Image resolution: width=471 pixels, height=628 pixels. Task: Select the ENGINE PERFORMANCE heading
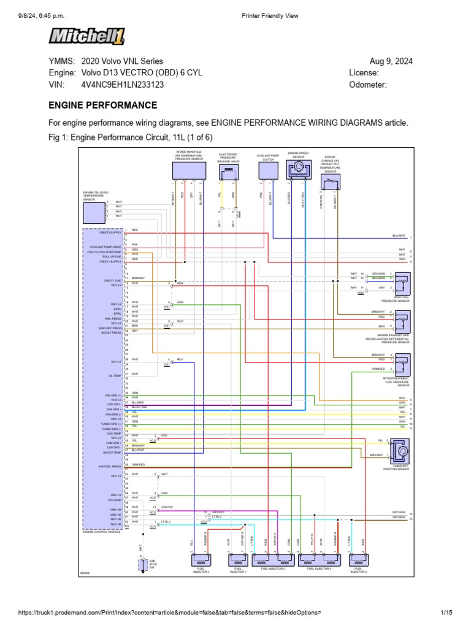click(x=102, y=105)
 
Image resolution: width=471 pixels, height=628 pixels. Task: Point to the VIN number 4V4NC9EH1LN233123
click(x=122, y=85)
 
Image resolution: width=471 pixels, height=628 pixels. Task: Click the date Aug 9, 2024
click(x=391, y=61)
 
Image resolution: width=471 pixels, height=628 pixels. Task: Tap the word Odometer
click(x=368, y=85)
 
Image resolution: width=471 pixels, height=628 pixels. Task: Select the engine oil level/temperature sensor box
click(x=94, y=212)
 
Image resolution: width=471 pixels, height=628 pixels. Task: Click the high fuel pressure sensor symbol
click(x=402, y=283)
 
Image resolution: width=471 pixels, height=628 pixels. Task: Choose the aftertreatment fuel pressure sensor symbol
click(x=402, y=366)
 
